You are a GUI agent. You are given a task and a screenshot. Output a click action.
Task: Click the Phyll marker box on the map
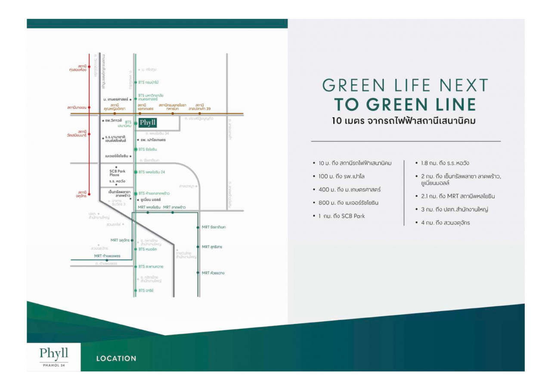point(148,123)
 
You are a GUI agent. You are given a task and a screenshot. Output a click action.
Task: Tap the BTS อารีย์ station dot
point(136,290)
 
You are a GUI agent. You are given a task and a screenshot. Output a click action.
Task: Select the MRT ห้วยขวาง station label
point(213,273)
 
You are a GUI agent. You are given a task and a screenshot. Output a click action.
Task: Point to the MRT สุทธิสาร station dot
point(198,247)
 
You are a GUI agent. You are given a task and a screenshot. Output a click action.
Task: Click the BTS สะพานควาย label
point(151,266)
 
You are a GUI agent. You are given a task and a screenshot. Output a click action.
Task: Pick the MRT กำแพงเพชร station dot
point(107,260)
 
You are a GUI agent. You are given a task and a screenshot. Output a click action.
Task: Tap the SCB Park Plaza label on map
point(117,173)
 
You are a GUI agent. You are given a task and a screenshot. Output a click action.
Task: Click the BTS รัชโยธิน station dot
point(136,149)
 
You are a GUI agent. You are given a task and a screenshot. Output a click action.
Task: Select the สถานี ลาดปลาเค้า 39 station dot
point(199,114)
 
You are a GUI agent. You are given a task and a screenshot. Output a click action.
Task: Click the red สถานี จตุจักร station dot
point(89,193)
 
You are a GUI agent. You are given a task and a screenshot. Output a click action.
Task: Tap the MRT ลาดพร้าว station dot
point(173,212)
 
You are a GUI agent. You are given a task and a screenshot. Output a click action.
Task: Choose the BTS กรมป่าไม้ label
point(149,82)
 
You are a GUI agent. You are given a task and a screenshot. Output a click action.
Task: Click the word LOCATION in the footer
point(116,359)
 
